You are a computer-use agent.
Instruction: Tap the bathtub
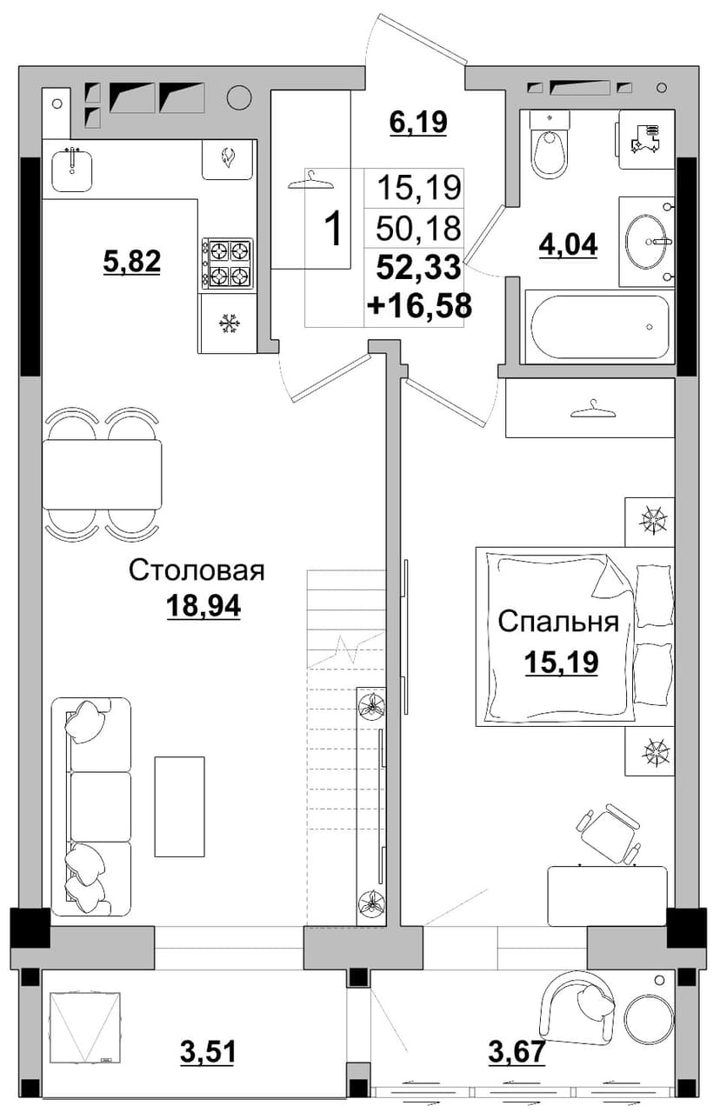tap(600, 327)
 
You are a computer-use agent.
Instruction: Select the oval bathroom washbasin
tap(647, 242)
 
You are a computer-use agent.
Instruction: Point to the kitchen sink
tap(72, 166)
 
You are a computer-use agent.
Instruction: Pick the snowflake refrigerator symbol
tap(228, 324)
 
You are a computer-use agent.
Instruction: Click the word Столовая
tap(197, 570)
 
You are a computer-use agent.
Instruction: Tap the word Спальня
tap(558, 622)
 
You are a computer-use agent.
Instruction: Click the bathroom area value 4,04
tap(568, 245)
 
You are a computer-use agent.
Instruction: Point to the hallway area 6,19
tap(418, 123)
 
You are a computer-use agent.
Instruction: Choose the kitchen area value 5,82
tap(132, 261)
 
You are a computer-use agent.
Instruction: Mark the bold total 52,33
tap(418, 267)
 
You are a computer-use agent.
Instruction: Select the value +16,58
tap(420, 306)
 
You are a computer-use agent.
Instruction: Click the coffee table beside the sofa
tap(179, 807)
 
